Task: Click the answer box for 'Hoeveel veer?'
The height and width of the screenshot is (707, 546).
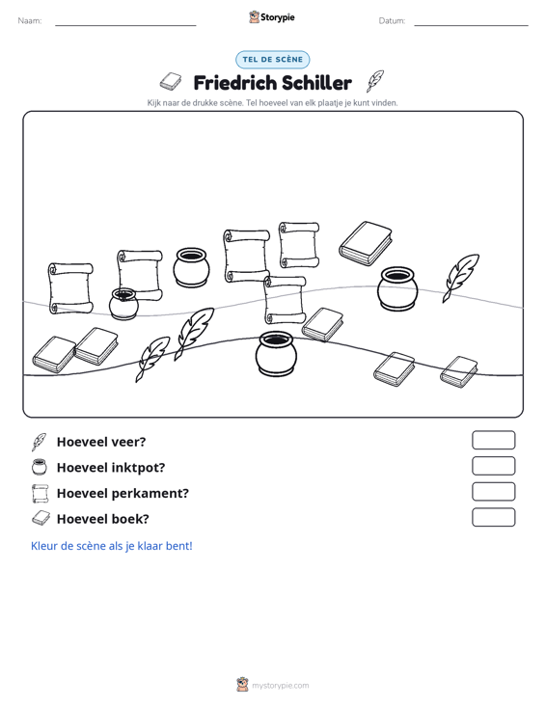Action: [x=493, y=440]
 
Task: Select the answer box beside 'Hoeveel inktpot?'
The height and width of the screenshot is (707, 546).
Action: [x=493, y=466]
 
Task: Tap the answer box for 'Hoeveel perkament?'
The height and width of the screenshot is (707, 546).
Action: [x=493, y=492]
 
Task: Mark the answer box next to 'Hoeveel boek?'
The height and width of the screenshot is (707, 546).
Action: [x=493, y=517]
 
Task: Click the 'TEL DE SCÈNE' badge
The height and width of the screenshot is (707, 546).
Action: [x=273, y=60]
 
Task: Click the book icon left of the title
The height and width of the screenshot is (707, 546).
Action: [x=171, y=82]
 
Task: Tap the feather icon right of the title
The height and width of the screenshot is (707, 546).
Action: [x=374, y=81]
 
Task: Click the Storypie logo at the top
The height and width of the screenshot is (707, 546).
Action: [x=272, y=17]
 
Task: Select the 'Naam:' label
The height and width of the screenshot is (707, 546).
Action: [x=30, y=21]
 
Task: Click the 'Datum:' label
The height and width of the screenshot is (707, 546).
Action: [x=392, y=21]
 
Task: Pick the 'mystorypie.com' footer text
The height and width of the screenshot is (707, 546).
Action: [x=280, y=686]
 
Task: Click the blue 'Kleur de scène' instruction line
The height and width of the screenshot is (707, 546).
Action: [x=111, y=546]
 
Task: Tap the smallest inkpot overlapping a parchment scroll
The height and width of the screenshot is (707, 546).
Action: [x=123, y=305]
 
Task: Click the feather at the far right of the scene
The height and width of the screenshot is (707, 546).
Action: [x=460, y=278]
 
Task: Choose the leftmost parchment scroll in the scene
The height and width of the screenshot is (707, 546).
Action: [x=70, y=288]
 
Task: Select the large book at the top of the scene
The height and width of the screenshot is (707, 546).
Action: [x=366, y=243]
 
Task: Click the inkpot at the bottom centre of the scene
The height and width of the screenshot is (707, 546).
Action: [x=276, y=354]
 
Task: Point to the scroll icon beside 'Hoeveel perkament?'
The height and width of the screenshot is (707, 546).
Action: [x=40, y=493]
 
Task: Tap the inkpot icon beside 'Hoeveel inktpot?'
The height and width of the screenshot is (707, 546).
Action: [x=40, y=467]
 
